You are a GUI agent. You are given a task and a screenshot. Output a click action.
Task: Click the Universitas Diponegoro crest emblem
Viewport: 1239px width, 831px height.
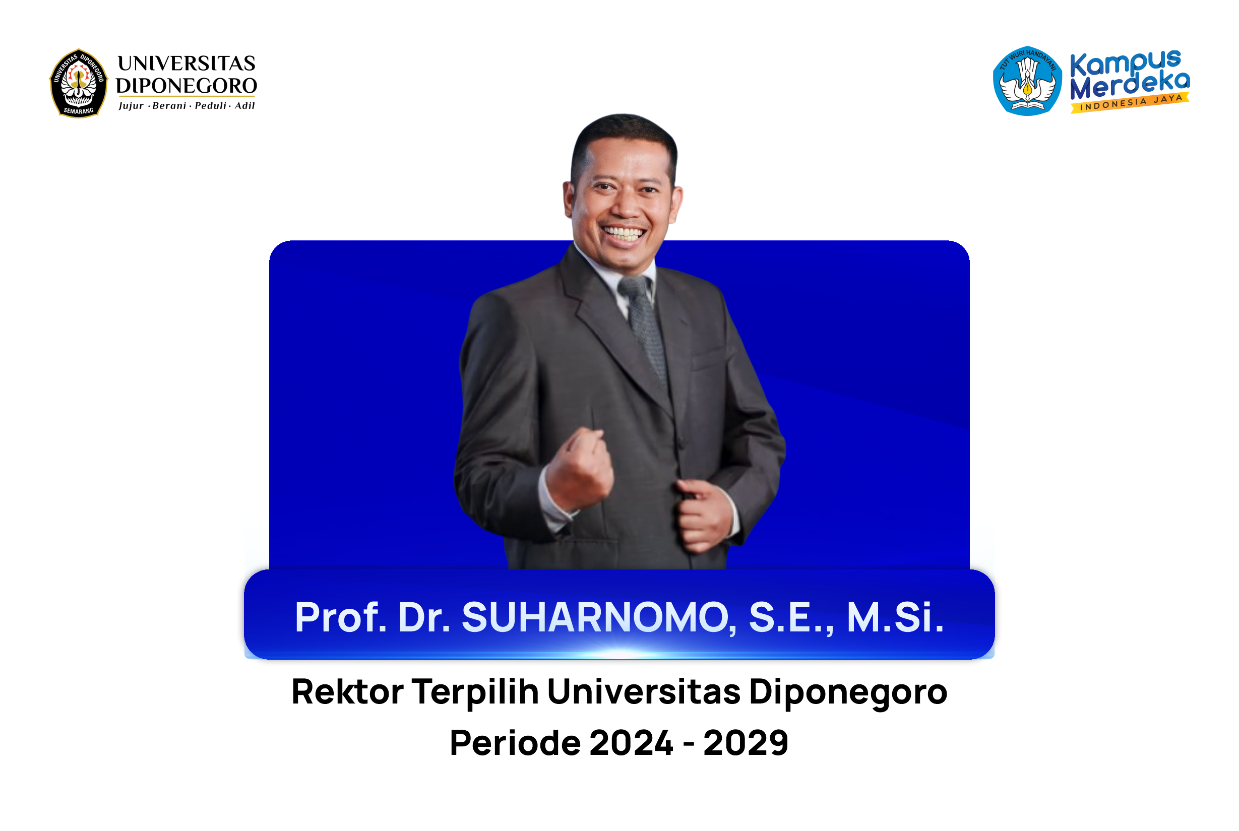click(79, 83)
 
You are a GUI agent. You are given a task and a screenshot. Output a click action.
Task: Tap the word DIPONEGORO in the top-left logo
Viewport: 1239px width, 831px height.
click(187, 85)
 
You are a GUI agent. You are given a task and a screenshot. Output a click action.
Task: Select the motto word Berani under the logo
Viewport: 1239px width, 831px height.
click(169, 105)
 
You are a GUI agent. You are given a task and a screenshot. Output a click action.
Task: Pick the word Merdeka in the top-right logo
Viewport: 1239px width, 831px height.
click(1130, 86)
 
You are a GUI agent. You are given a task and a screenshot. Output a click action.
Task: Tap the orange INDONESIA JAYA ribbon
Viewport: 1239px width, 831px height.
click(1130, 103)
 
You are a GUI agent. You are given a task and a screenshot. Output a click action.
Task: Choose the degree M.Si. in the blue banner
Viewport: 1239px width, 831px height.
click(895, 617)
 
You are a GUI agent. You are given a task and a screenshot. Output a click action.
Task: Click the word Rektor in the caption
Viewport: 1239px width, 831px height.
click(348, 691)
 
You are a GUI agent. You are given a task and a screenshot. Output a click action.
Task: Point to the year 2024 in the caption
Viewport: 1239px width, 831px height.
click(631, 742)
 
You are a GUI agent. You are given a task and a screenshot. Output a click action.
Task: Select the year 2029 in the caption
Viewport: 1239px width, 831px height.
click(746, 742)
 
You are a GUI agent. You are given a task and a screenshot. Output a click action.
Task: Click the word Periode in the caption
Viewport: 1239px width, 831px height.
click(515, 742)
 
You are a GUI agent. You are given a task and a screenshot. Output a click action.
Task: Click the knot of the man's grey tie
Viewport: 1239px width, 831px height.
click(635, 288)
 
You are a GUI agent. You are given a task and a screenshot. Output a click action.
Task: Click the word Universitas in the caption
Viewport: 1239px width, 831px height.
click(643, 691)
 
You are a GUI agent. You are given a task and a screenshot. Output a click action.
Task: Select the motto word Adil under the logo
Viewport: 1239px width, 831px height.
click(245, 105)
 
